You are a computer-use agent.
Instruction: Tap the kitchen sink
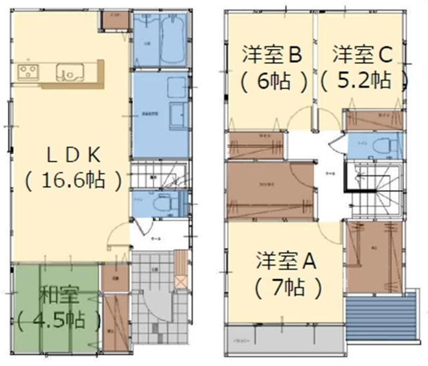click(x=69, y=70)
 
